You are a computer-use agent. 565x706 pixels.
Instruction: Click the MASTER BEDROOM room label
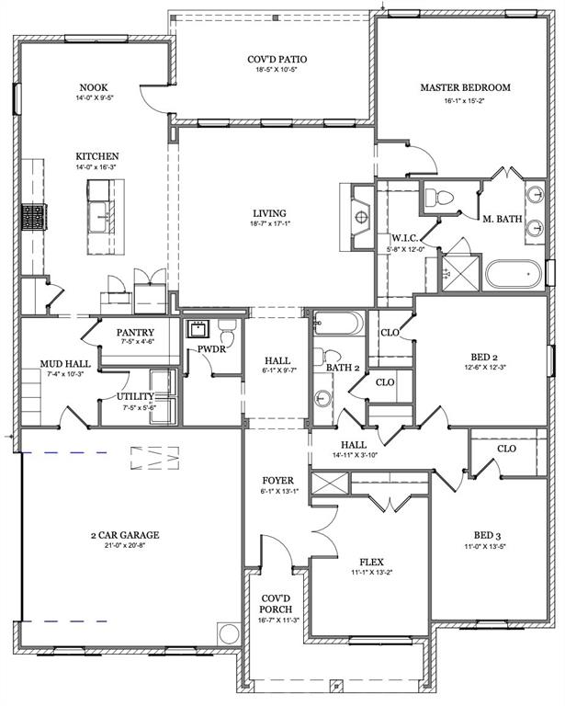[465, 88]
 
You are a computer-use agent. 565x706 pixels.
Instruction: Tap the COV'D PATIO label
[277, 60]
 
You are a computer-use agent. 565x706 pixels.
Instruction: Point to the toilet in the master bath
[439, 197]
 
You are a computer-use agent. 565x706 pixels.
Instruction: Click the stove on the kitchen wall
[33, 217]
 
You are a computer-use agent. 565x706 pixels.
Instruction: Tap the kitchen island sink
[103, 194]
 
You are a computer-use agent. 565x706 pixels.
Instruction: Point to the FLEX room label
[371, 562]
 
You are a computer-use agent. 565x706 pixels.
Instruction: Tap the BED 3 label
[488, 534]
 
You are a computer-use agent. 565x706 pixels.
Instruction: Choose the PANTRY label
[135, 333]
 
